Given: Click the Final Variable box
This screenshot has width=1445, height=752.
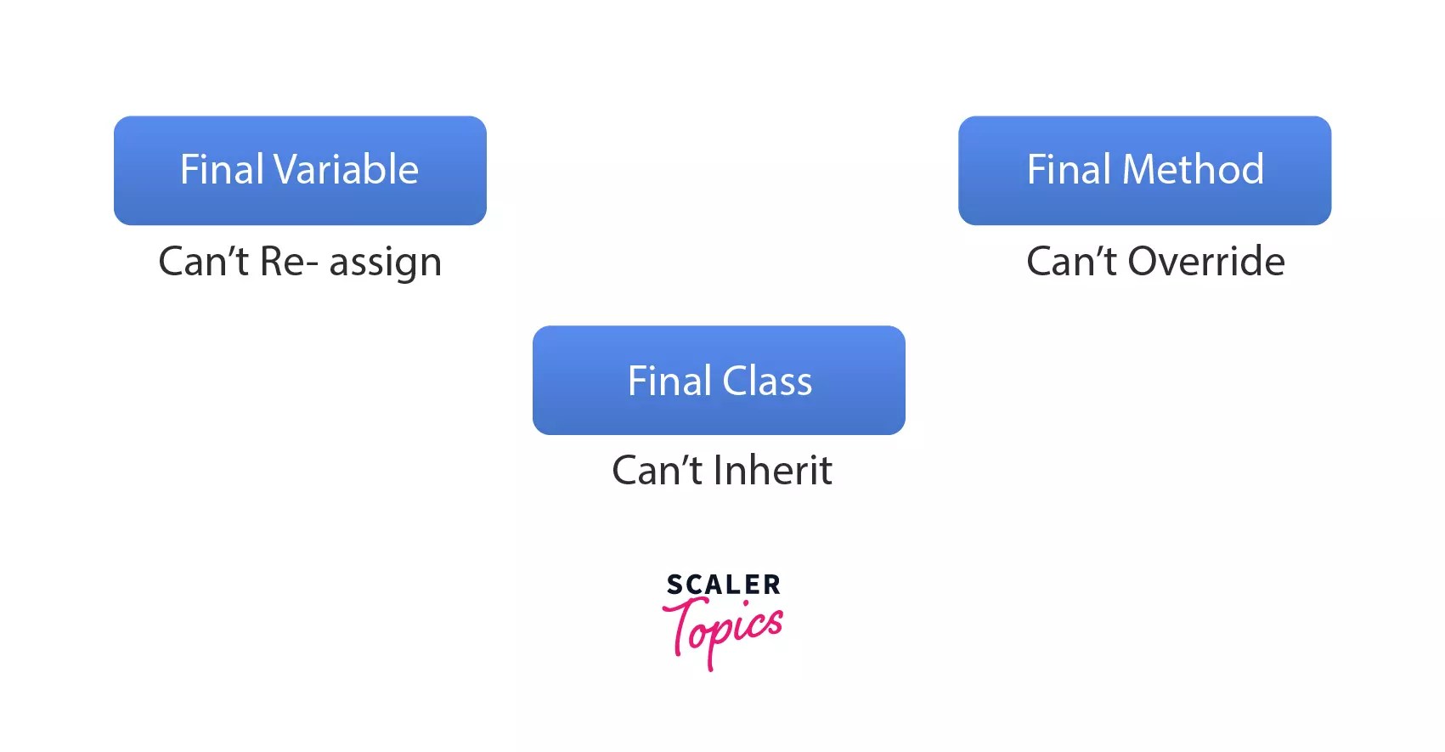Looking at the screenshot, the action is [300, 170].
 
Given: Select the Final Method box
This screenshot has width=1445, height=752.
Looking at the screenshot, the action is [1144, 170].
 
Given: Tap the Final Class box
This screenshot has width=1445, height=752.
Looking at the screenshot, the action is [719, 380].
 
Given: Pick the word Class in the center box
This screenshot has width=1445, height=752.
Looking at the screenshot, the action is [767, 381].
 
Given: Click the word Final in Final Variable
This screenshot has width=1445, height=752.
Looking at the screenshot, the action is [222, 170].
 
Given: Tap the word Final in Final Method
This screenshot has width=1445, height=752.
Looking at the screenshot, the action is [1069, 170].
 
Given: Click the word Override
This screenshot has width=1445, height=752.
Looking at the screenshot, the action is [1205, 262].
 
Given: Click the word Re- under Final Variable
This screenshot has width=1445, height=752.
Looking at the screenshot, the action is [289, 262].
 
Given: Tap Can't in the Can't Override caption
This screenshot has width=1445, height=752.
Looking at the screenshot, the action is [1070, 262].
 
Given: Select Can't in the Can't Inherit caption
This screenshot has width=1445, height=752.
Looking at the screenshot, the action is [657, 471].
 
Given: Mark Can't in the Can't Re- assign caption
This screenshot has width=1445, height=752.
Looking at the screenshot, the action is [203, 262].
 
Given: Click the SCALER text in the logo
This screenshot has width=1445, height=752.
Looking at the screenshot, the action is [723, 585].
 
